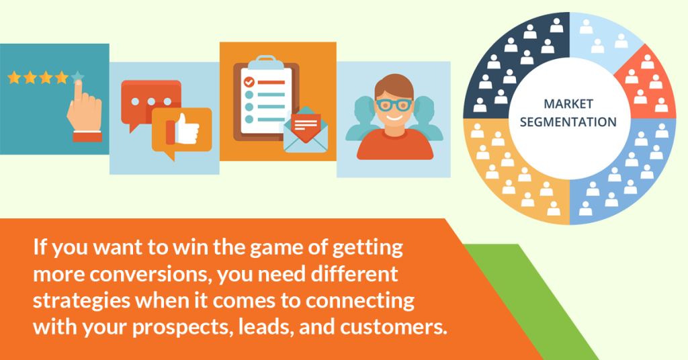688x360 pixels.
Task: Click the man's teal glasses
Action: (394, 104)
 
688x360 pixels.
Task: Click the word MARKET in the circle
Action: (570, 105)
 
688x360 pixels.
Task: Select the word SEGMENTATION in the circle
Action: (570, 122)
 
